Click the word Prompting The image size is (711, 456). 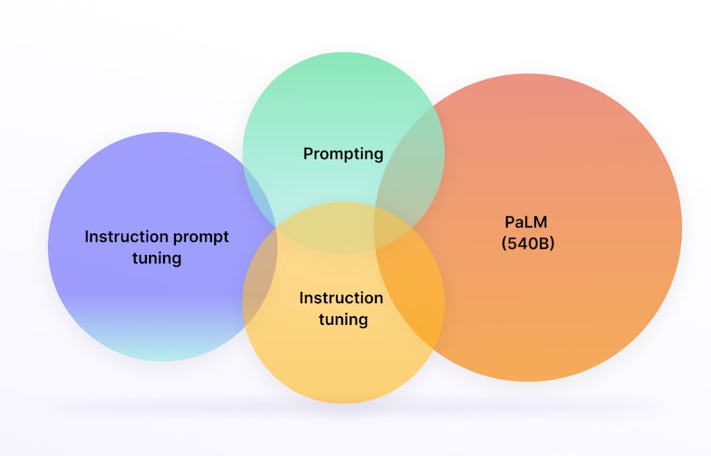tap(343, 153)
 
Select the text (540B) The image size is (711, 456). tap(527, 243)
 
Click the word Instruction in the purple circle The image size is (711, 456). tap(126, 236)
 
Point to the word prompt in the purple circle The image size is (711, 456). tap(201, 236)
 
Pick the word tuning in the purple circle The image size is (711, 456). tap(157, 257)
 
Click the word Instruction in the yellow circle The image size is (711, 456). tap(341, 298)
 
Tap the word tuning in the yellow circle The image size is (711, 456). tap(343, 319)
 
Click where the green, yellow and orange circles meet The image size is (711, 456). tap(388, 228)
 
